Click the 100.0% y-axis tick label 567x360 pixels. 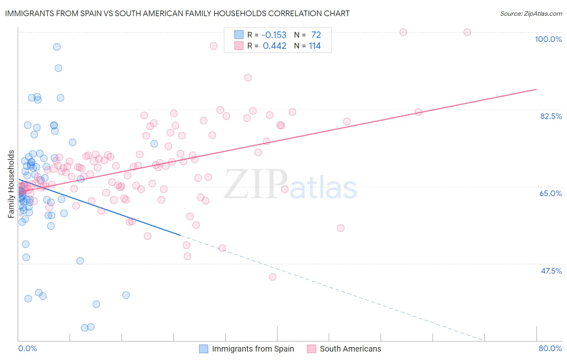(548, 39)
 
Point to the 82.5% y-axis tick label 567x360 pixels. (551, 116)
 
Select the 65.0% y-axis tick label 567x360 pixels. (550, 193)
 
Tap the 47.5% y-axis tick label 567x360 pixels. (551, 271)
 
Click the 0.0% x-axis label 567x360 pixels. (27, 348)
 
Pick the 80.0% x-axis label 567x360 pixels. (550, 348)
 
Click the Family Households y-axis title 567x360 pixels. (11, 184)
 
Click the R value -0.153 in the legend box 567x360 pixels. (274, 35)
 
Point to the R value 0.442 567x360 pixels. (274, 46)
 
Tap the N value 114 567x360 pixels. (315, 46)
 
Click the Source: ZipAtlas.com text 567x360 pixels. (531, 13)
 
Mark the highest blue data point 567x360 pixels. (57, 47)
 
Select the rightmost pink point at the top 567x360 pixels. (467, 32)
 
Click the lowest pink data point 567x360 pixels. (273, 277)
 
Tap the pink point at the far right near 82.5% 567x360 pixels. (418, 112)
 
